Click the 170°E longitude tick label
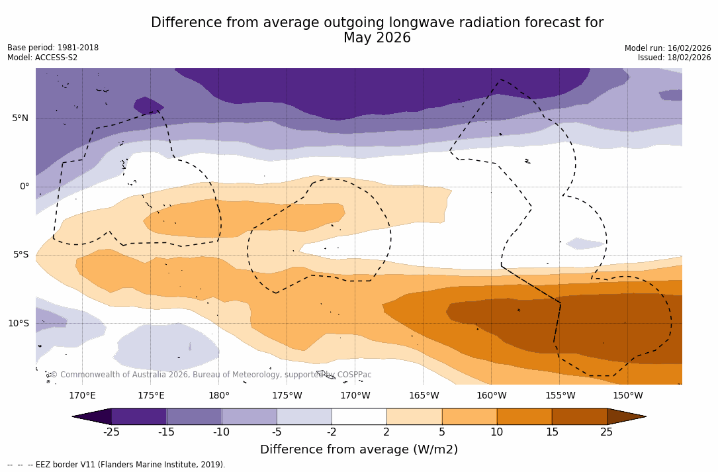pyautogui.click(x=82, y=396)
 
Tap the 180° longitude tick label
pyautogui.click(x=219, y=396)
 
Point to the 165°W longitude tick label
pyautogui.click(x=424, y=396)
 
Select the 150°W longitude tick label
pyautogui.click(x=628, y=396)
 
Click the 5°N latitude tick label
pyautogui.click(x=20, y=118)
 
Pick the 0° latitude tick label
pyautogui.click(x=24, y=187)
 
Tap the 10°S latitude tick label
pyautogui.click(x=18, y=324)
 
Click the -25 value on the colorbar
pyautogui.click(x=111, y=432)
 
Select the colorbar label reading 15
pyautogui.click(x=551, y=432)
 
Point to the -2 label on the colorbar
pyautogui.click(x=332, y=432)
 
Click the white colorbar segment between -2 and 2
pyautogui.click(x=359, y=416)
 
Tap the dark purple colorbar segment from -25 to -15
pyautogui.click(x=139, y=416)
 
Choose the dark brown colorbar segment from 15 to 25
pyautogui.click(x=579, y=416)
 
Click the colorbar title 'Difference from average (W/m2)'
pyautogui.click(x=359, y=450)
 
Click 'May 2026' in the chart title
pyautogui.click(x=377, y=38)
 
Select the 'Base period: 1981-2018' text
pyautogui.click(x=53, y=48)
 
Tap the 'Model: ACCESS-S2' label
pyautogui.click(x=42, y=58)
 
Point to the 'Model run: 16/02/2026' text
pyautogui.click(x=668, y=48)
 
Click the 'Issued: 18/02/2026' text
pyautogui.click(x=674, y=58)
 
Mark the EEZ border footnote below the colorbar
pyautogui.click(x=116, y=465)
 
